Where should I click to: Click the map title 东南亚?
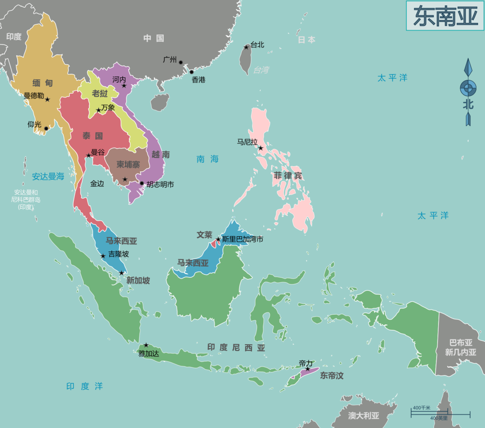click(x=445, y=16)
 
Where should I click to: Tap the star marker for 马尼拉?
click(x=260, y=148)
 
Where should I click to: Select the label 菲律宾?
click(x=287, y=176)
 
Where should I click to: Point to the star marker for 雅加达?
click(x=146, y=345)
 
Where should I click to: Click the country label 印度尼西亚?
click(x=236, y=348)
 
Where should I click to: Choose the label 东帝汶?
click(x=332, y=376)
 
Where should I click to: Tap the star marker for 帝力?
click(x=307, y=369)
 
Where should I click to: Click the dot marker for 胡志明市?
click(x=142, y=183)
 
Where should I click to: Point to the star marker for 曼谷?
click(x=89, y=155)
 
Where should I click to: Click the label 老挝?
click(x=99, y=93)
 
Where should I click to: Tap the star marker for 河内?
click(x=124, y=86)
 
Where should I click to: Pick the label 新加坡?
click(x=138, y=280)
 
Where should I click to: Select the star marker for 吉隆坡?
click(x=103, y=256)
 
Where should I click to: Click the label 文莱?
click(x=205, y=235)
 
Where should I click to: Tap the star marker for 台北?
click(x=246, y=47)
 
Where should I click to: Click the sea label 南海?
click(x=208, y=159)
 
